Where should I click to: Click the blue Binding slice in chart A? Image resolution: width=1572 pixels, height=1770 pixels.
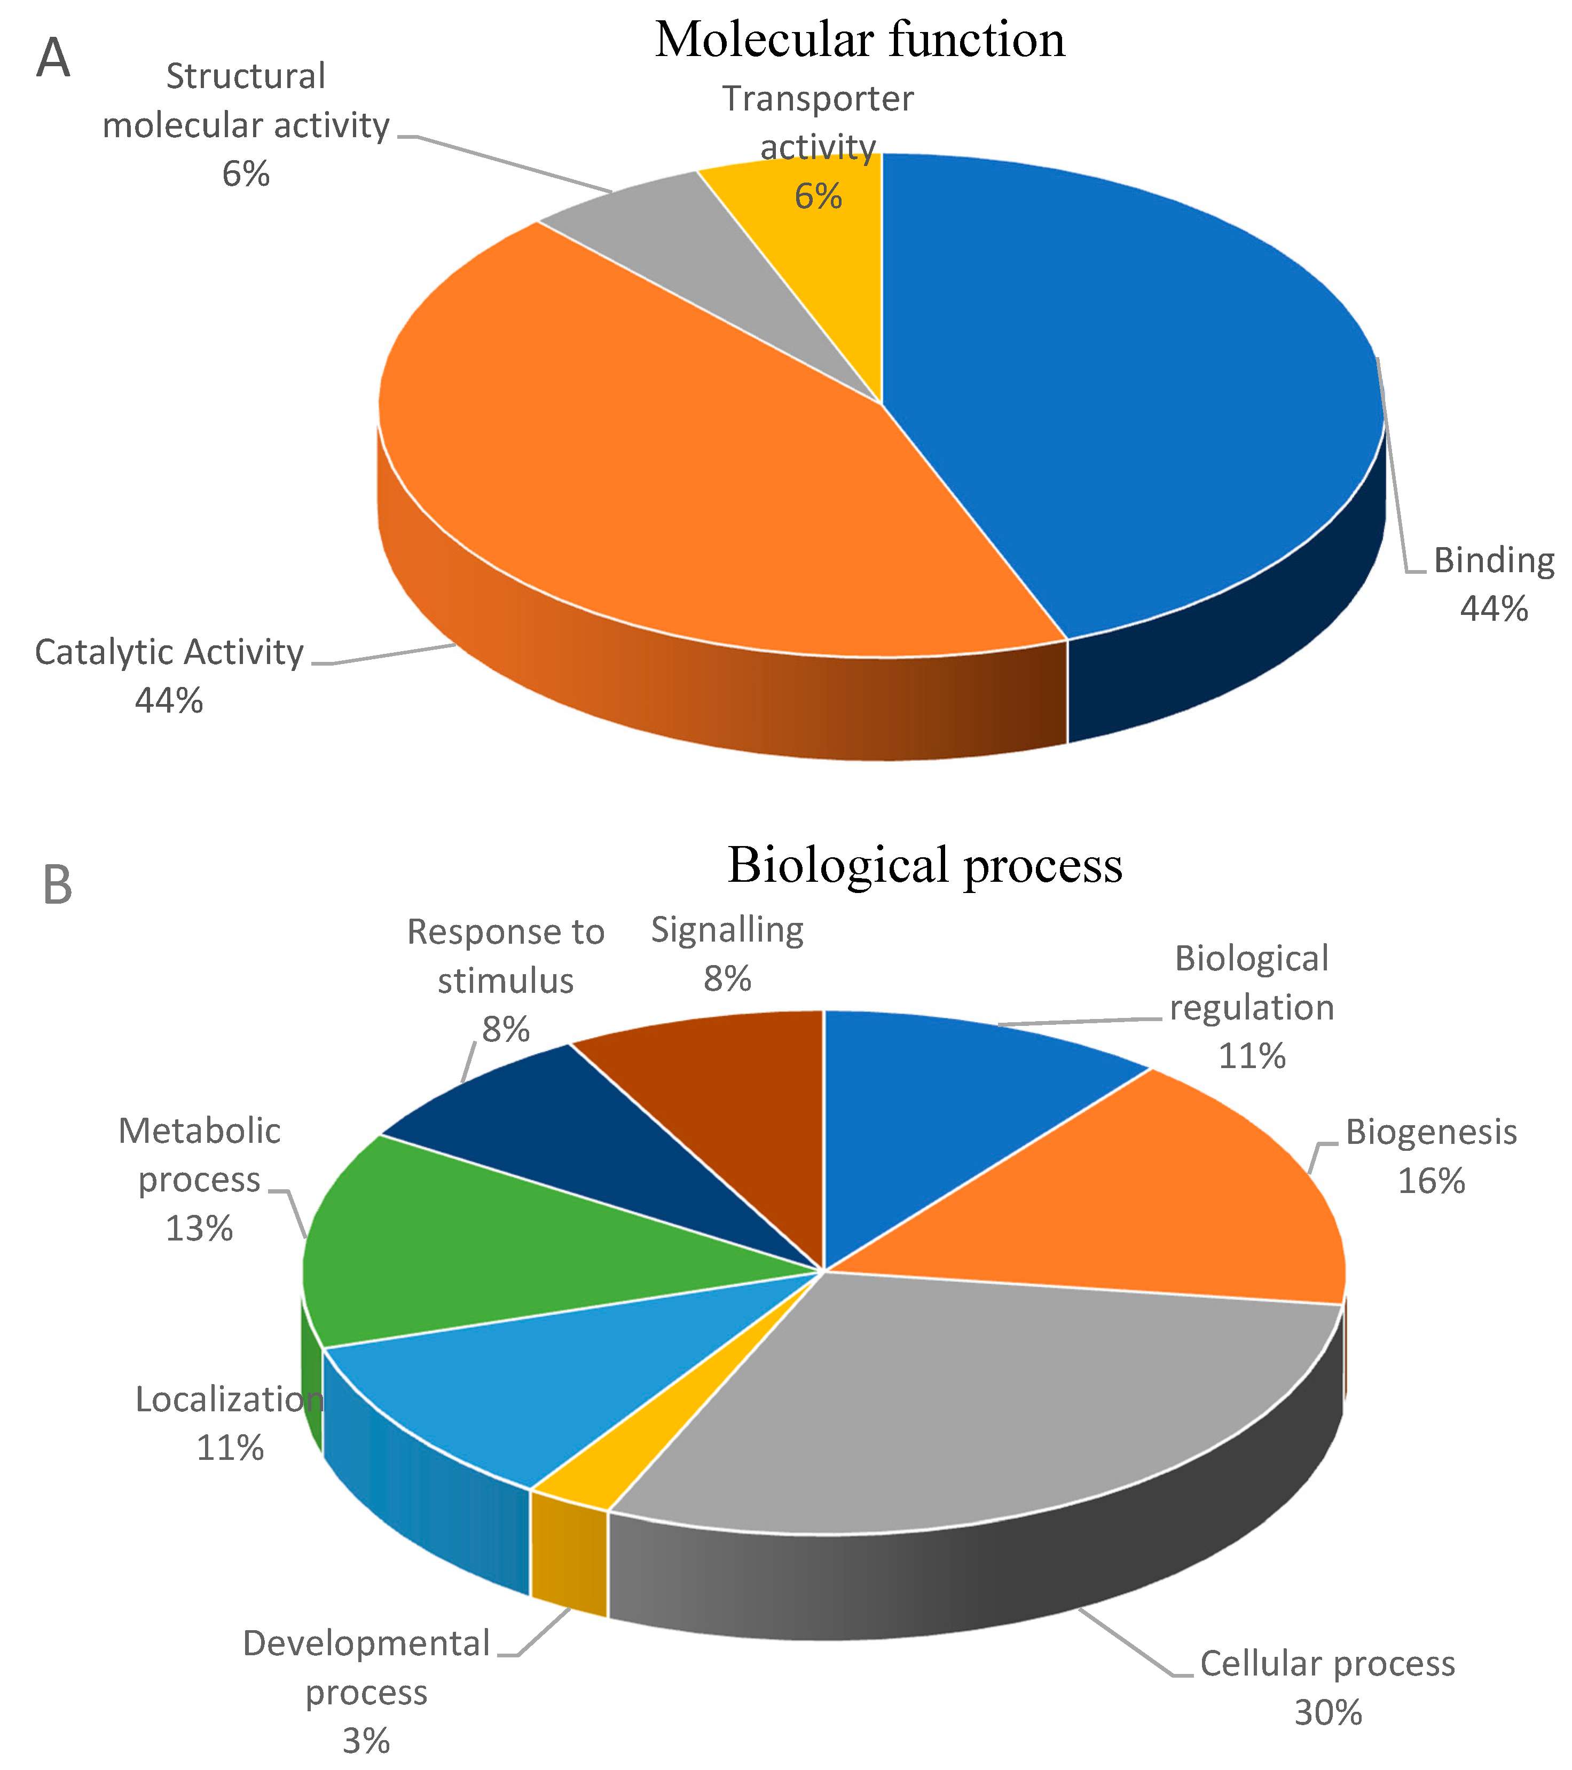(1126, 390)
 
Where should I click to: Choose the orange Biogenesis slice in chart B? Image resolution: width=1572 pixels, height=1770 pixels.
(1169, 1204)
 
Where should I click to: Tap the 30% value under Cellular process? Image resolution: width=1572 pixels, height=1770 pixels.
(1328, 1713)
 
